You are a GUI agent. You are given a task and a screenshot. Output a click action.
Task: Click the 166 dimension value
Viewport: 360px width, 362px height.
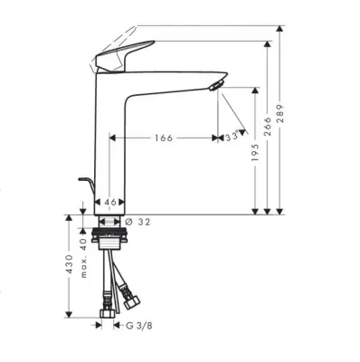[x=164, y=138]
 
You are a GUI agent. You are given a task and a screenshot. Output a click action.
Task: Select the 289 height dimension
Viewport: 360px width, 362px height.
[x=280, y=114]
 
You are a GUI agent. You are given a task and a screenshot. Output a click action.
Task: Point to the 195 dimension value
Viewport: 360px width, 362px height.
[x=255, y=152]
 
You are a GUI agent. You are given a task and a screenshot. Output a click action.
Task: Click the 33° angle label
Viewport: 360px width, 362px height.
[x=232, y=137]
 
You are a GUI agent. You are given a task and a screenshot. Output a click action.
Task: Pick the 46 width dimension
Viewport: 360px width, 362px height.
[x=110, y=202]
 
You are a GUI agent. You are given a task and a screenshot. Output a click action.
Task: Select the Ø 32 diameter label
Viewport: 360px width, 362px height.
[x=137, y=222]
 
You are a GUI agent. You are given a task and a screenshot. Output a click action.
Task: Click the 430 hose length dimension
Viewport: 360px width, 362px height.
[x=70, y=264]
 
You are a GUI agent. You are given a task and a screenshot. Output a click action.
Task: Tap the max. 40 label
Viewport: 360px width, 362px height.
[x=83, y=258]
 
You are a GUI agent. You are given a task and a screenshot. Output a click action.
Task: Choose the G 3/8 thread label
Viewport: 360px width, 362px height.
[x=139, y=326]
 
